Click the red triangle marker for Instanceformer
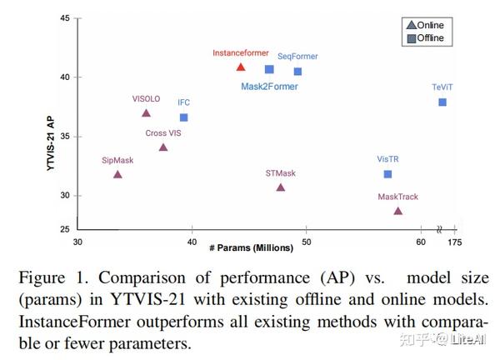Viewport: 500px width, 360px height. [x=241, y=67]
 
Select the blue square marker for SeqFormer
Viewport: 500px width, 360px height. [x=297, y=72]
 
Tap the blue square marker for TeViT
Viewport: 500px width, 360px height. [x=442, y=102]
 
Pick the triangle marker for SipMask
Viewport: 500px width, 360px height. [x=117, y=174]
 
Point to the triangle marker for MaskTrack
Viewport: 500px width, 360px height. [x=398, y=211]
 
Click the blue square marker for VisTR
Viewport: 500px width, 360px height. [x=387, y=174]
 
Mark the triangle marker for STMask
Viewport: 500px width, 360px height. [x=281, y=187]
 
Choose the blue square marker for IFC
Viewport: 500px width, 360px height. [x=183, y=117]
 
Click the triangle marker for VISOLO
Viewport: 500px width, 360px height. [x=146, y=113]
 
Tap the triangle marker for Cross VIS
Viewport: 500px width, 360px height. [x=163, y=147]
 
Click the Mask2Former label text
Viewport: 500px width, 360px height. [x=269, y=86]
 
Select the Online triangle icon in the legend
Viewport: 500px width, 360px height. [x=410, y=26]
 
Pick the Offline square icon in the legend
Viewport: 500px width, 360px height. [x=410, y=37]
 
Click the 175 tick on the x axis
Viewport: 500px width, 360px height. [x=453, y=242]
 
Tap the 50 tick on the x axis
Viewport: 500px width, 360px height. [x=307, y=242]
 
